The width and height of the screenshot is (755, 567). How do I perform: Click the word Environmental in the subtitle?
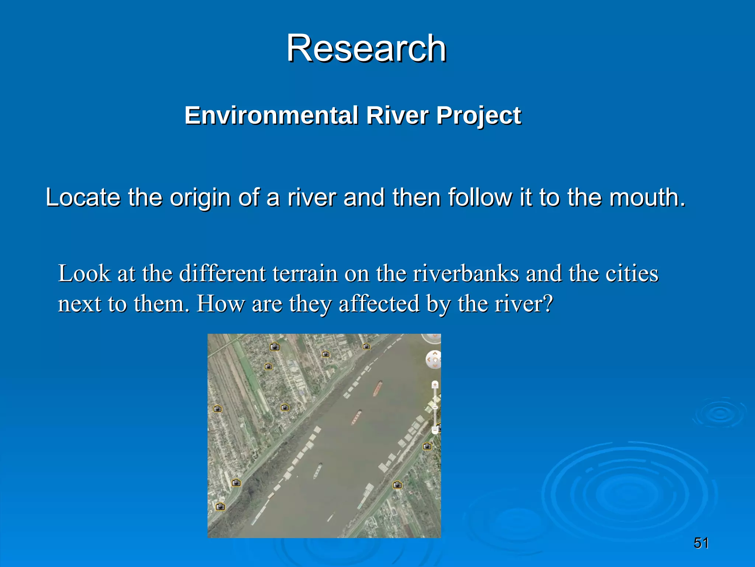(x=271, y=116)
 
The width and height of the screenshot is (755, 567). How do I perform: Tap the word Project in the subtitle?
(x=479, y=116)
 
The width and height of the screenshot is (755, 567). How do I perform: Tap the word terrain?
(x=305, y=274)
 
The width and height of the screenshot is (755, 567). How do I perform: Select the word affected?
(x=379, y=304)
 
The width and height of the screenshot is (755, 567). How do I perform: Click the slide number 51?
(x=701, y=543)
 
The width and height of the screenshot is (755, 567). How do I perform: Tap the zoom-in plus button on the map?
(x=435, y=385)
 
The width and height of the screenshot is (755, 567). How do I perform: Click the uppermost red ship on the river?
(x=377, y=388)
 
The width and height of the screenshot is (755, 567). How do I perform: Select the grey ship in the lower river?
(x=317, y=471)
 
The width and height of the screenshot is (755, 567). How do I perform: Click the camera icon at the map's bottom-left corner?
(x=220, y=506)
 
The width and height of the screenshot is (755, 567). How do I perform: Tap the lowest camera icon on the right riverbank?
(x=397, y=485)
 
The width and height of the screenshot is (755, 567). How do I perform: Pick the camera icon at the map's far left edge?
(x=218, y=409)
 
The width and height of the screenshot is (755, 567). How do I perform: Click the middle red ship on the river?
(x=356, y=417)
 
